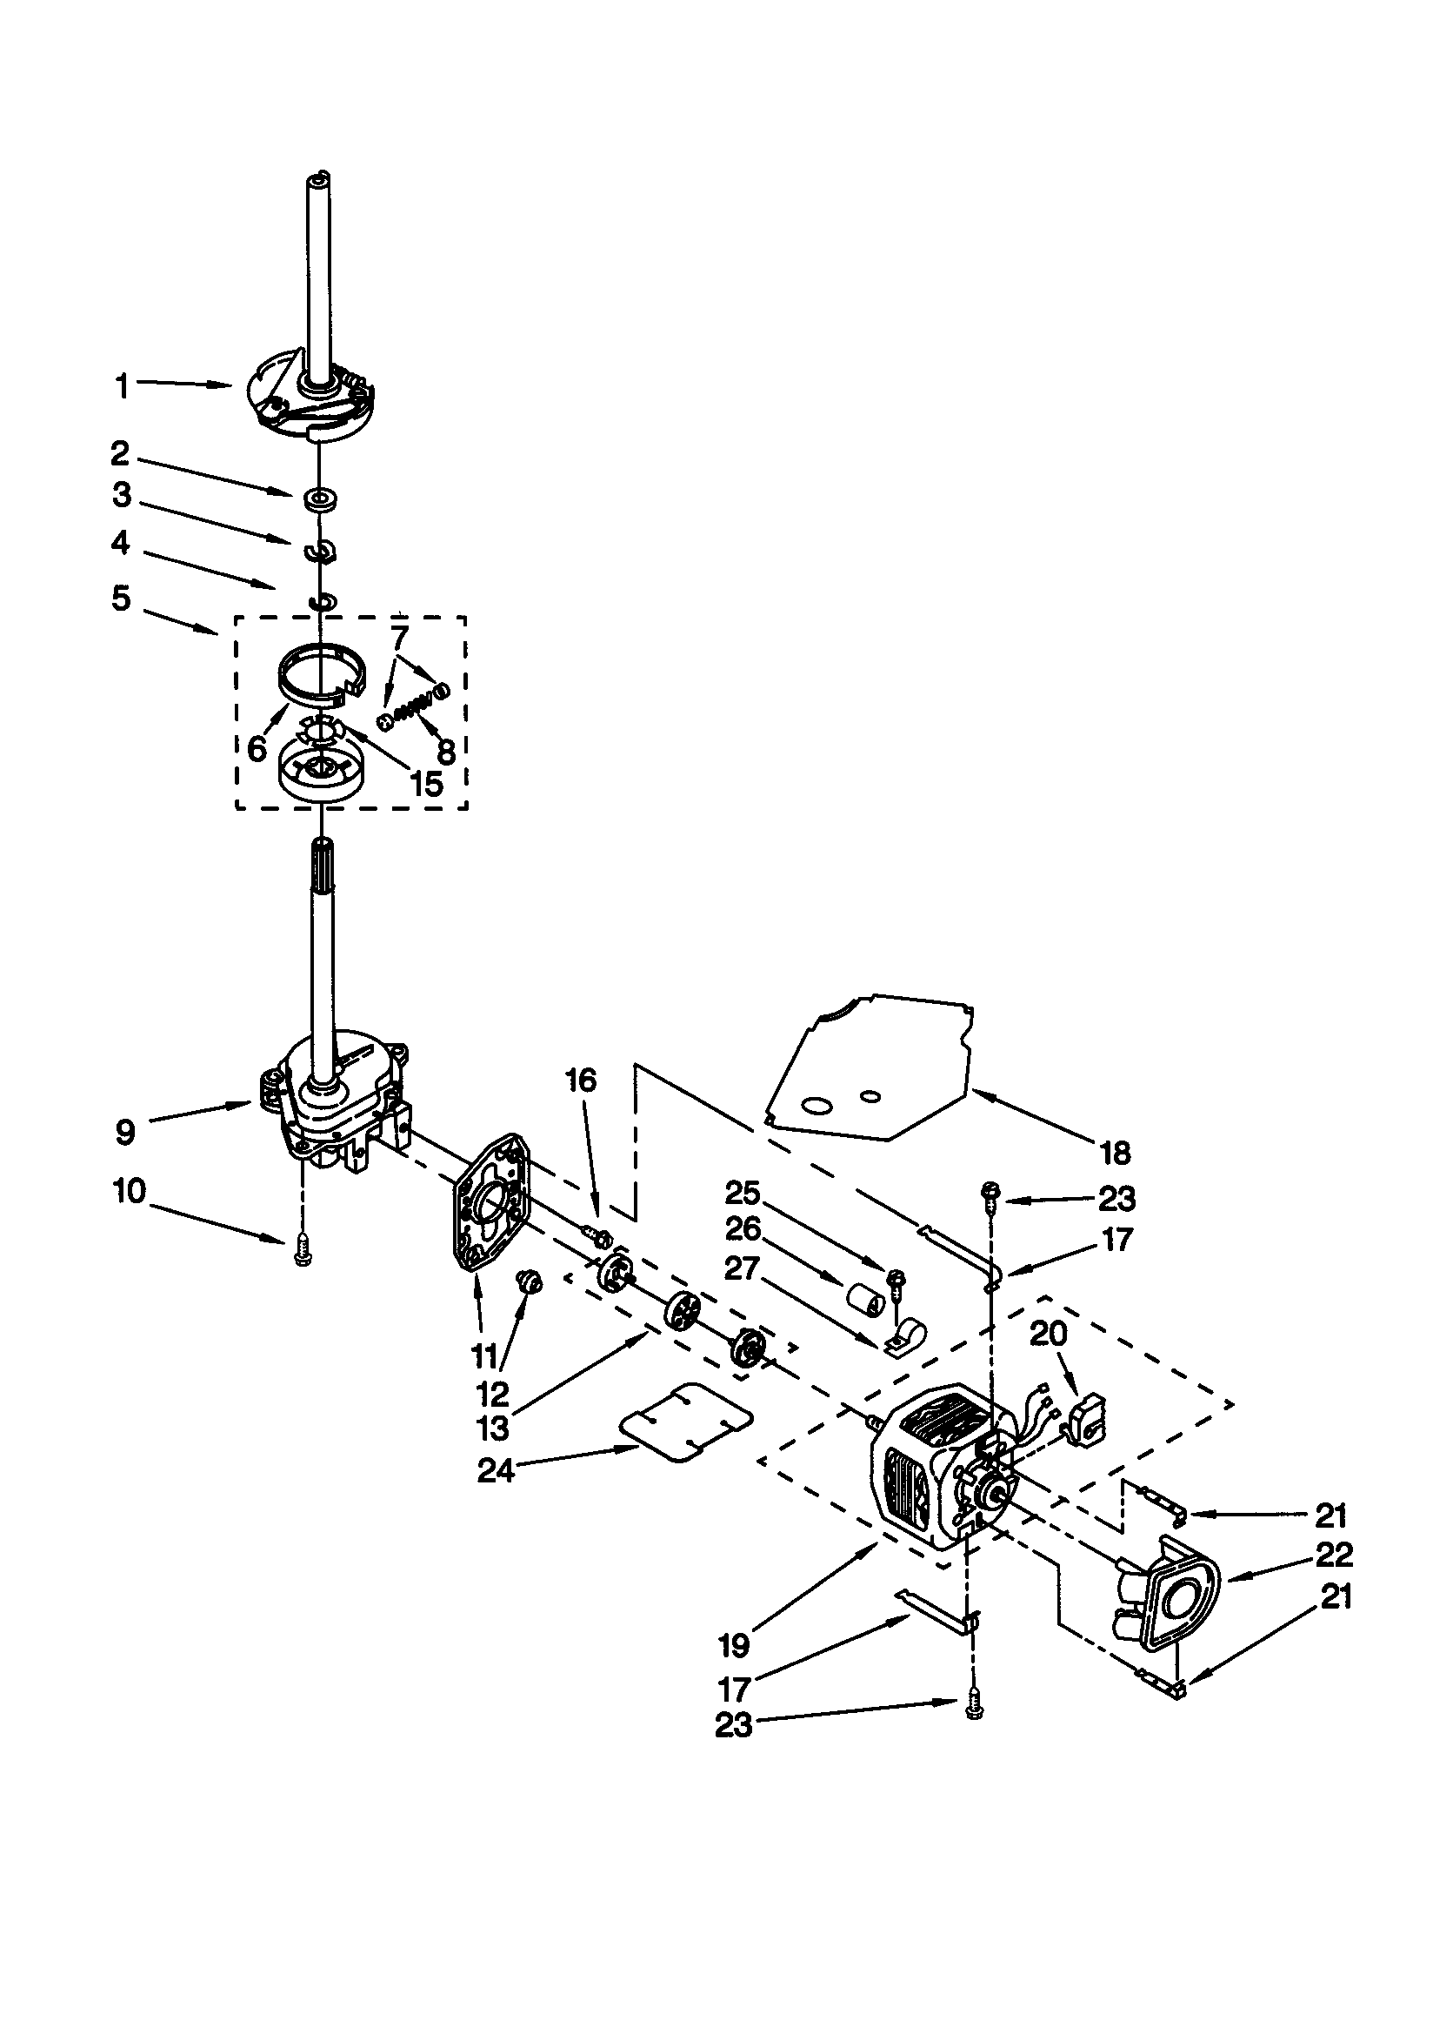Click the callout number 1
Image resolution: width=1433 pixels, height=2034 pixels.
pos(123,386)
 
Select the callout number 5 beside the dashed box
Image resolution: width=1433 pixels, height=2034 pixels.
pos(122,598)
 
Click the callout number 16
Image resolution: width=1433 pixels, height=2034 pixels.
pos(581,1080)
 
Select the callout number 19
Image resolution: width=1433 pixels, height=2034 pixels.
pos(734,1645)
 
